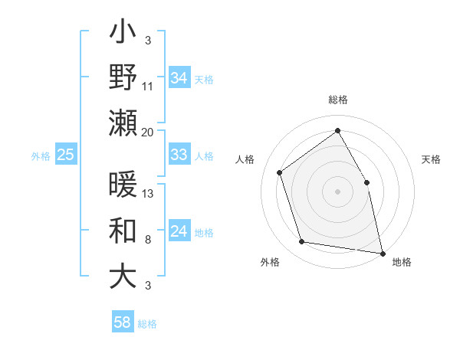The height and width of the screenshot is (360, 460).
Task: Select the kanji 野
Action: pyautogui.click(x=123, y=77)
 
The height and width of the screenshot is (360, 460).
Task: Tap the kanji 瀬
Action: pyautogui.click(x=123, y=121)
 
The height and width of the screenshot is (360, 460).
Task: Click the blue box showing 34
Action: pyautogui.click(x=179, y=77)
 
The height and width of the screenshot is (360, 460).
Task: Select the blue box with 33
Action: pyautogui.click(x=179, y=155)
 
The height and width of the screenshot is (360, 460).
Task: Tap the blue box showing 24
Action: pyautogui.click(x=179, y=232)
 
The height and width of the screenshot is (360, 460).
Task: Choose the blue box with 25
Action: pyautogui.click(x=66, y=155)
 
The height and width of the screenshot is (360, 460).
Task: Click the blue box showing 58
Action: pyautogui.click(x=123, y=322)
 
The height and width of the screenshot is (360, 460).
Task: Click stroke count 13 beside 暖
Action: pyautogui.click(x=148, y=194)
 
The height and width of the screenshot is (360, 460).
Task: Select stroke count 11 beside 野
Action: pyautogui.click(x=148, y=85)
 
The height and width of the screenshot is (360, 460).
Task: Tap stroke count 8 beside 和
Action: pyautogui.click(x=147, y=241)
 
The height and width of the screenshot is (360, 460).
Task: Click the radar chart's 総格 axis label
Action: pyautogui.click(x=337, y=100)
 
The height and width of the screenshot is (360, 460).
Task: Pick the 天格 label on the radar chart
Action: pyautogui.click(x=431, y=159)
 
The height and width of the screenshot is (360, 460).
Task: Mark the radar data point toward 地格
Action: pyautogui.click(x=383, y=252)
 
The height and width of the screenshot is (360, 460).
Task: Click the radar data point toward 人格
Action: pyautogui.click(x=280, y=172)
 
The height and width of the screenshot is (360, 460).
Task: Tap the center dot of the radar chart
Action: pyautogui.click(x=337, y=191)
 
